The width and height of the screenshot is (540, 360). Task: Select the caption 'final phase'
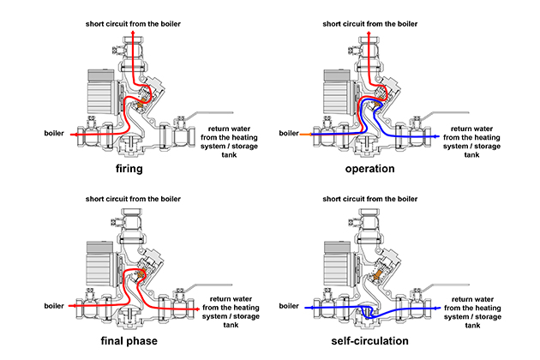coord(130,340)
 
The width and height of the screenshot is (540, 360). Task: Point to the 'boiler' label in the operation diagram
coord(288,134)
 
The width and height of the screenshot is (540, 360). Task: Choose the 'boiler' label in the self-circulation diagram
coord(288,304)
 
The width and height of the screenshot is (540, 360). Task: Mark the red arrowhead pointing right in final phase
coord(198,304)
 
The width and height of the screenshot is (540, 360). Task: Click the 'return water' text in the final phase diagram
coord(229,299)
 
